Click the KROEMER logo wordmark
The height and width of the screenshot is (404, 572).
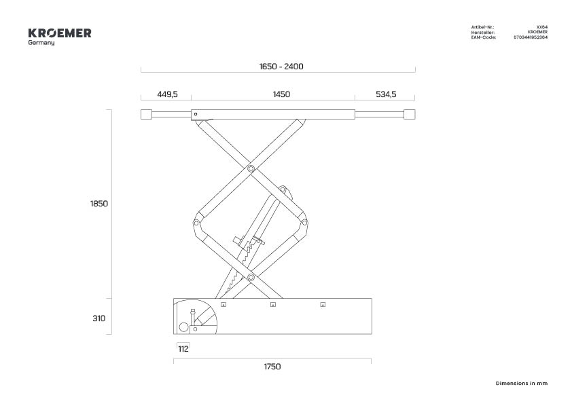pos(60,33)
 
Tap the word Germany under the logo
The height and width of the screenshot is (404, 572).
pos(41,43)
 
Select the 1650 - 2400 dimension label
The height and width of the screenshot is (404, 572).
pos(281,67)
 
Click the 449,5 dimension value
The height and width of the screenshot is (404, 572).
pos(167,94)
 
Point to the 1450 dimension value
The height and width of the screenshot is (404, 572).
pos(281,94)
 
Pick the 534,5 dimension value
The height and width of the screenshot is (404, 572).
pos(386,94)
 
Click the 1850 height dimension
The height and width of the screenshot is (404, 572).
pos(99,204)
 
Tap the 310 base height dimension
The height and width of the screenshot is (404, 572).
pos(99,318)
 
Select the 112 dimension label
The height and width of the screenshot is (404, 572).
pos(183,349)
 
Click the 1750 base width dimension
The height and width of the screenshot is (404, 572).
pos(272,367)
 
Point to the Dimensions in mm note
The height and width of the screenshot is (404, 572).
pos(522,383)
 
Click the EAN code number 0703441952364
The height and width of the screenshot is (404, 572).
pos(531,37)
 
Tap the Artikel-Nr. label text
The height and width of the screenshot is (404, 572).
pos(482,27)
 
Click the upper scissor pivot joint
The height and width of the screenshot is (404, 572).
pos(251,168)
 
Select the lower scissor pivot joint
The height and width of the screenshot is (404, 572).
pos(251,277)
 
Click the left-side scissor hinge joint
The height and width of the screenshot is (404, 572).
pos(196,223)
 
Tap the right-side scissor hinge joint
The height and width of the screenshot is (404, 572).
pos(304,223)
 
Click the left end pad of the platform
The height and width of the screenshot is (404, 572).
pos(146,114)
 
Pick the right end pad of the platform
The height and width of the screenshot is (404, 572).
pos(410,114)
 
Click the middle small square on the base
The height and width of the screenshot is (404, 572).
pos(273,304)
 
